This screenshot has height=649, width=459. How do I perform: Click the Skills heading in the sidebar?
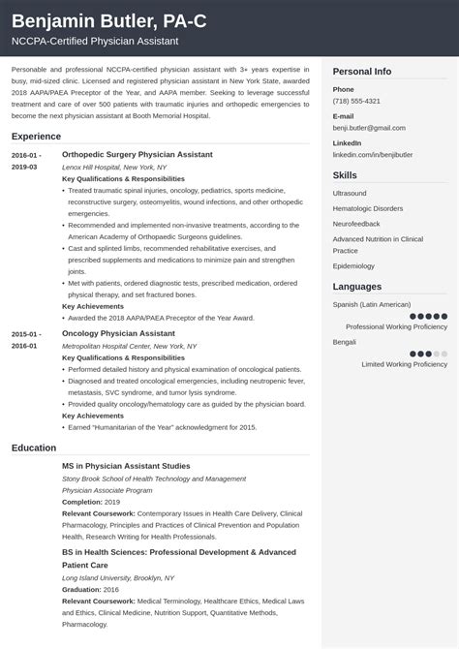(x=345, y=175)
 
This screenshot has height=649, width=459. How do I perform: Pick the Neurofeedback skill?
(x=357, y=223)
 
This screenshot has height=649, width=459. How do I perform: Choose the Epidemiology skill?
(x=353, y=265)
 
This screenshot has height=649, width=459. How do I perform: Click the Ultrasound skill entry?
(x=350, y=194)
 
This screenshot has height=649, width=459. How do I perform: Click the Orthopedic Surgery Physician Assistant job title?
(x=137, y=154)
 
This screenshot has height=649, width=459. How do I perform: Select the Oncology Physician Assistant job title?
(x=118, y=333)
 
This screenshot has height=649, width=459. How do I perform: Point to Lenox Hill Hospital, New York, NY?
(x=113, y=167)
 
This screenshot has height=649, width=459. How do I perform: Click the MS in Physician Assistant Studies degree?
(x=126, y=466)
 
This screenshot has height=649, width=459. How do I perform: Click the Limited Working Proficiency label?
(x=404, y=364)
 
